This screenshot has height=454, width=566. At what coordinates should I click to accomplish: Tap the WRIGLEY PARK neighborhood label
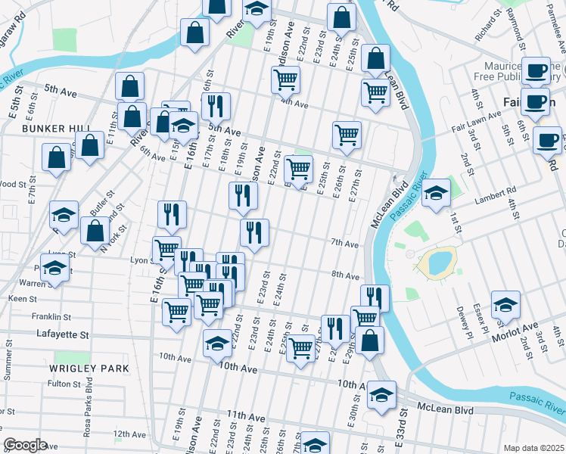(89, 368)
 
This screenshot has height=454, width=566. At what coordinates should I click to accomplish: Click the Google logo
(25, 445)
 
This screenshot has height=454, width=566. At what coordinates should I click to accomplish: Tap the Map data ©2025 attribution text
(533, 448)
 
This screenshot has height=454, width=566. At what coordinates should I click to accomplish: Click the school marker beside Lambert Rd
(436, 194)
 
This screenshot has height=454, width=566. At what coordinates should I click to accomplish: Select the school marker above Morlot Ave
(505, 305)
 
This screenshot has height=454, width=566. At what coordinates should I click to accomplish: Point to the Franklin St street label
(51, 317)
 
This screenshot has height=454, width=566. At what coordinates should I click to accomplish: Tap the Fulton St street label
(58, 384)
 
